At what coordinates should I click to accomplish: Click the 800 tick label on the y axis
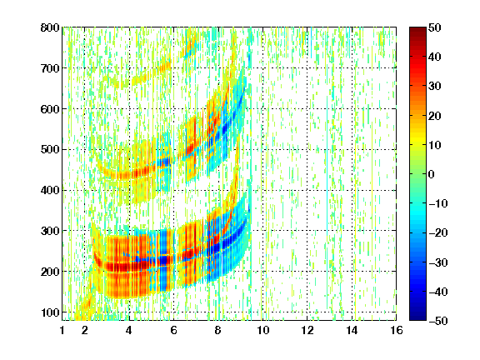click(x=50, y=27)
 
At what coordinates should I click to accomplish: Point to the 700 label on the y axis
click(x=50, y=68)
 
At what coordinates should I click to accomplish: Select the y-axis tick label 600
click(x=50, y=109)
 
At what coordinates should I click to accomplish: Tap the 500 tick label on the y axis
click(x=50, y=150)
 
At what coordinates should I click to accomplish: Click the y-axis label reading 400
click(x=50, y=190)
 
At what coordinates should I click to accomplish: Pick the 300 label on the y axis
click(x=50, y=231)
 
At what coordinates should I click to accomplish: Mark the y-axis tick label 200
click(x=50, y=272)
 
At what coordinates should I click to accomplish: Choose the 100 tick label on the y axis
click(x=50, y=312)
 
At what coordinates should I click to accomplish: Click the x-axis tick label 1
click(x=62, y=330)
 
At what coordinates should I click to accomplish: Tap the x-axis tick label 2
click(x=85, y=330)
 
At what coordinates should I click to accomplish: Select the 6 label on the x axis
click(x=174, y=330)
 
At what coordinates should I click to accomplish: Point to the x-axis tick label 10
click(x=263, y=330)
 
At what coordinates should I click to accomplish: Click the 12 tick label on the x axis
click(x=307, y=330)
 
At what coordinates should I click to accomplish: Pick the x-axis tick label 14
click(x=352, y=330)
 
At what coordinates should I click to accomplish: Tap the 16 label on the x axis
click(x=397, y=330)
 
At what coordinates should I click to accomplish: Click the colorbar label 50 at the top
click(x=435, y=27)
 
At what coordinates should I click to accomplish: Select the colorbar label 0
click(x=432, y=174)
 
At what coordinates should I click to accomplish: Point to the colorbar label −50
click(x=438, y=321)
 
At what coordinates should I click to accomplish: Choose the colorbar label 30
click(x=435, y=87)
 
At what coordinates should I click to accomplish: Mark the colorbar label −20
click(x=438, y=232)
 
